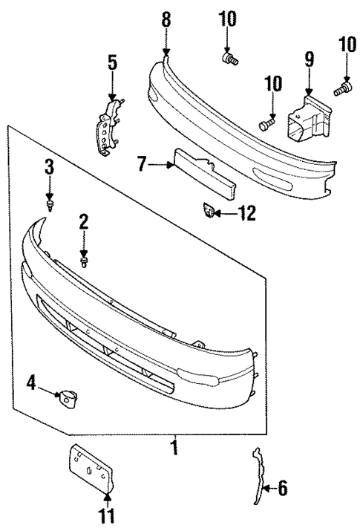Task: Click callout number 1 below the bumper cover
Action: (174, 449)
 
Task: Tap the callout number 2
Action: (84, 221)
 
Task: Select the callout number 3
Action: (48, 167)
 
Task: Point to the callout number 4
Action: (32, 383)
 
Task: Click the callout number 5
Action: (112, 62)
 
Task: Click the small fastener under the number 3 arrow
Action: (49, 203)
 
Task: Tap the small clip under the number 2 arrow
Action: (85, 261)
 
